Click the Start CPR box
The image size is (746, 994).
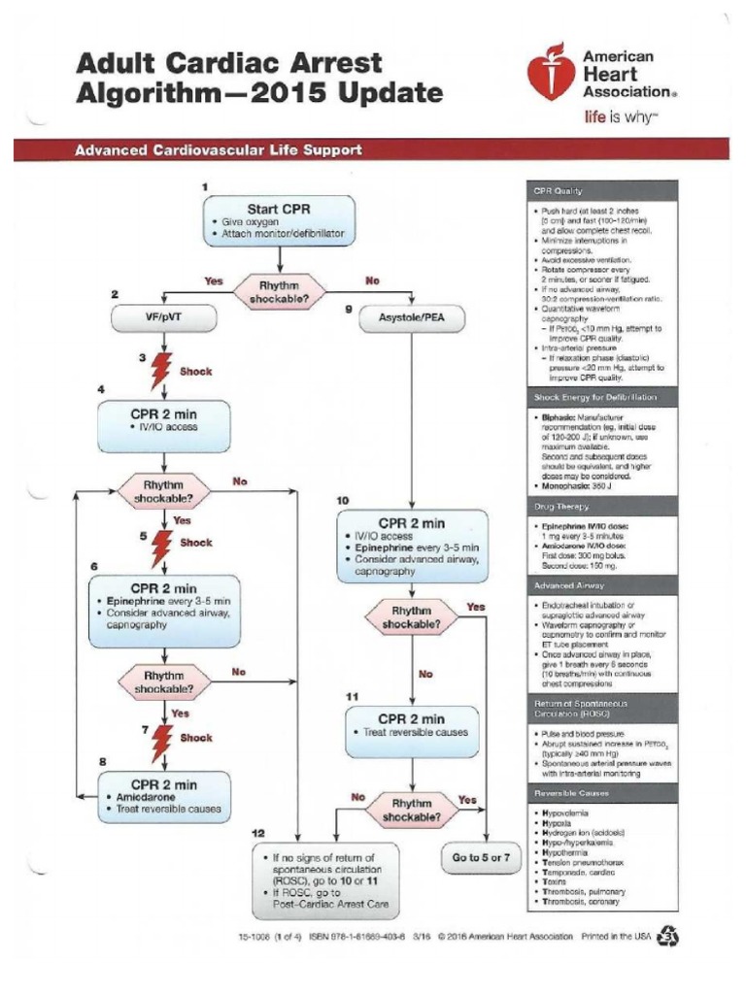(279, 220)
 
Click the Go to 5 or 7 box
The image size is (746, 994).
(481, 858)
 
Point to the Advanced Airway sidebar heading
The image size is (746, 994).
(568, 586)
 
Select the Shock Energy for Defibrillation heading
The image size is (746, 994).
(594, 398)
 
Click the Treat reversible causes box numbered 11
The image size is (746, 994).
(413, 730)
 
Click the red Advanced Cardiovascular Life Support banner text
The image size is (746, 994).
(219, 150)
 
